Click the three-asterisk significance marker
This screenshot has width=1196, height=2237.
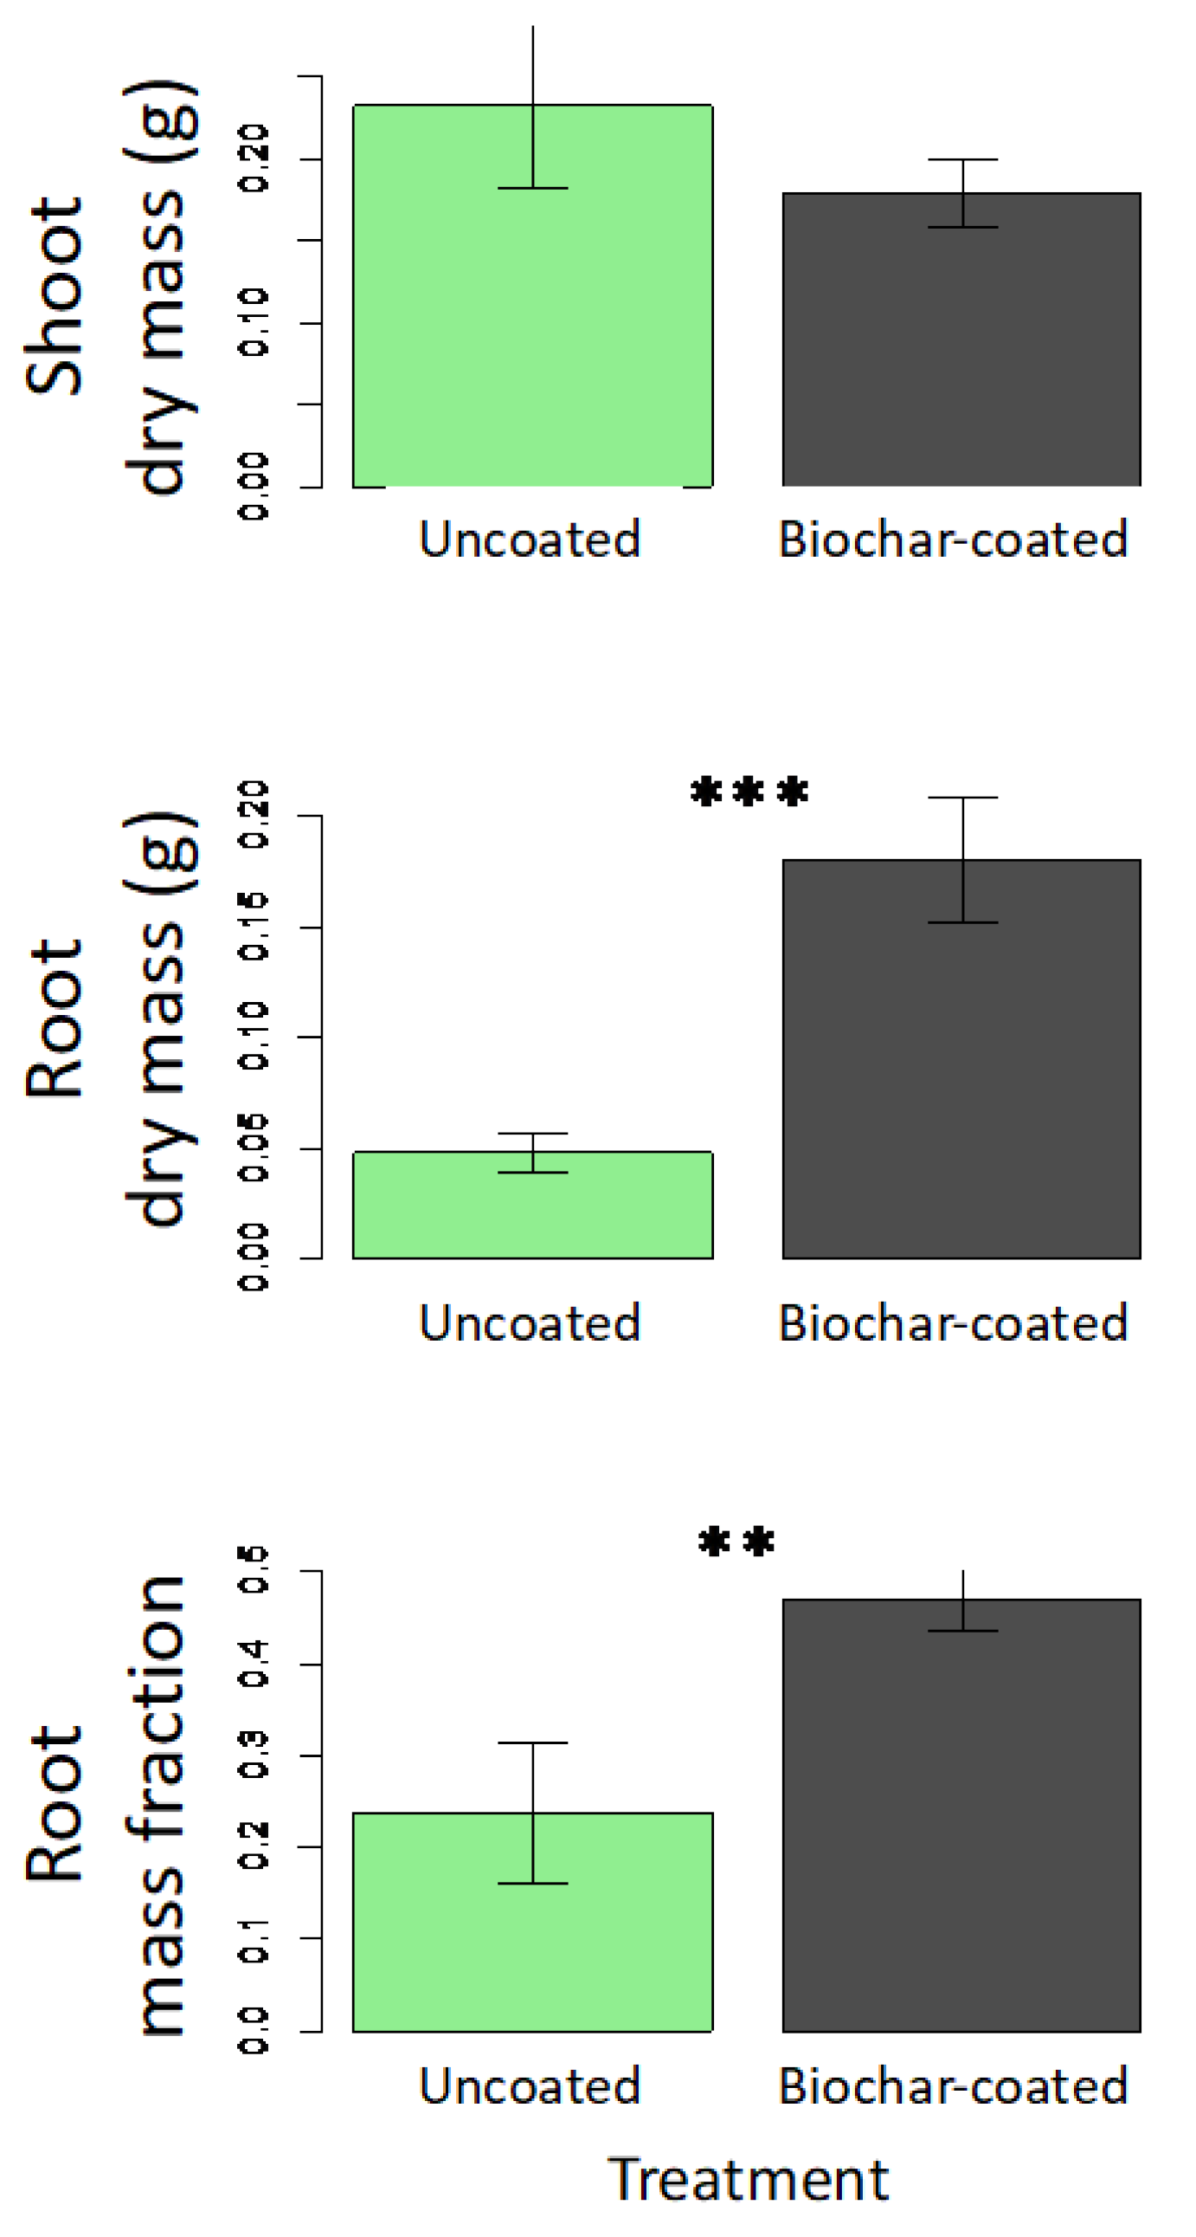(749, 792)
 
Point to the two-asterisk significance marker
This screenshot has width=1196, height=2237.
(736, 1542)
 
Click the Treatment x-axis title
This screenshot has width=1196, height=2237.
(749, 2179)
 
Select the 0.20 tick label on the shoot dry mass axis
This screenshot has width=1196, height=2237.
(254, 158)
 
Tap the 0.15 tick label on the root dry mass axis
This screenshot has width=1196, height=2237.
(254, 927)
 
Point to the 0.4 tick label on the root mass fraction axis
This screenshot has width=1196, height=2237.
(254, 1664)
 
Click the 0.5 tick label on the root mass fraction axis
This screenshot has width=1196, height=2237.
(254, 1570)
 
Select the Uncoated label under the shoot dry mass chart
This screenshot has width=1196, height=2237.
(530, 540)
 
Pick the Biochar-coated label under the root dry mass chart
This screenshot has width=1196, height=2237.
(953, 1322)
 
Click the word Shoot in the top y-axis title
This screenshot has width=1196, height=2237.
(54, 296)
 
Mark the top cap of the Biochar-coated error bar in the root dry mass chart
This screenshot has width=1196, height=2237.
(962, 797)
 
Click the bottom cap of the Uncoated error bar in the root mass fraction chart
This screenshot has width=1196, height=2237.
(532, 1884)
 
